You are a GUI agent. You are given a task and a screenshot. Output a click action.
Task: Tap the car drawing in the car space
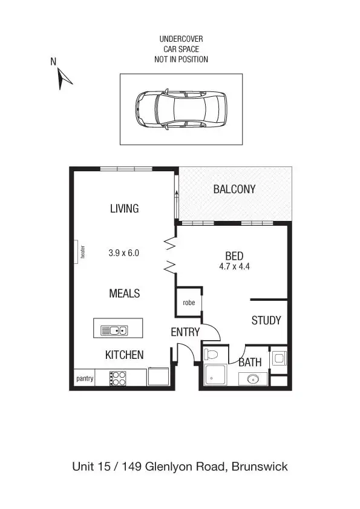pyautogui.click(x=180, y=109)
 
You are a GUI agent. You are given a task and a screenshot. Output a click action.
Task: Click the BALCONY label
pyautogui.click(x=234, y=189)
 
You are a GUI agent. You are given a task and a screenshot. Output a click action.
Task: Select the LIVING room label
pyautogui.click(x=124, y=209)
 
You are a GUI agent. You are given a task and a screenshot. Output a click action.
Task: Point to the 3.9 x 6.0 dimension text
pyautogui.click(x=124, y=254)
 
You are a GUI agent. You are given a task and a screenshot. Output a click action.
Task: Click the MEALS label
pyautogui.click(x=124, y=294)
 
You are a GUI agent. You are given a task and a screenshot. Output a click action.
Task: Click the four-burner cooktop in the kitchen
pyautogui.click(x=118, y=378)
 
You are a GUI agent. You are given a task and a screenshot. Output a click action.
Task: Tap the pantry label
pyautogui.click(x=85, y=379)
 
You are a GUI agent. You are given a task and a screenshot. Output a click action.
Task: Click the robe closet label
pyautogui.click(x=189, y=302)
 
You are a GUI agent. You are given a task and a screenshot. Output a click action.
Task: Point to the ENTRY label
pyautogui.click(x=185, y=332)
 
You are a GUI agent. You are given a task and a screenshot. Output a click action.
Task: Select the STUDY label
pyautogui.click(x=266, y=321)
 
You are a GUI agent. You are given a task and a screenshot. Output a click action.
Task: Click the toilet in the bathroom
pyautogui.click(x=213, y=353)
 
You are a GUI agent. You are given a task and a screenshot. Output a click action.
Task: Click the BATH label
pyautogui.click(x=250, y=363)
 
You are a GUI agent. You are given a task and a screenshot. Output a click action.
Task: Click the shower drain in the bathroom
pyautogui.click(x=212, y=379)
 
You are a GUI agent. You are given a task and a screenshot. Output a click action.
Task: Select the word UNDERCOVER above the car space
pyautogui.click(x=181, y=39)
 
